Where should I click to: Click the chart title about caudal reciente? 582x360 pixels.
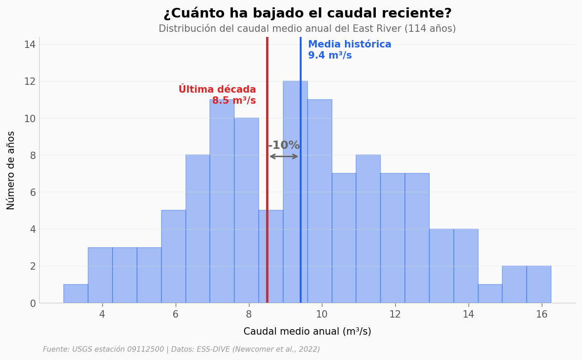click(307, 13)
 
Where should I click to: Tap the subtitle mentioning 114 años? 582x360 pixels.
click(307, 29)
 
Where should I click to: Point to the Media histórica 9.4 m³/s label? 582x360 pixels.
click(349, 50)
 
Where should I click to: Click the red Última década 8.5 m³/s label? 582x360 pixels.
click(217, 95)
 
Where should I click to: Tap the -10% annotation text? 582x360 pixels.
click(284, 146)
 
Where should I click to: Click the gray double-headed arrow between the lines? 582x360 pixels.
click(284, 156)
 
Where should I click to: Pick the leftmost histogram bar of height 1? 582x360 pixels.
click(76, 294)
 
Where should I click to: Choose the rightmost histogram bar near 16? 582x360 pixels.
click(539, 284)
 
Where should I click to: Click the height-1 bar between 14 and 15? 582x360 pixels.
click(490, 294)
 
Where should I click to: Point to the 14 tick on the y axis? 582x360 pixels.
click(30, 45)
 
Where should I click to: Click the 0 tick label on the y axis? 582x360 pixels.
click(33, 303)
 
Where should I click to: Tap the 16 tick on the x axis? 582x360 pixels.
click(541, 314)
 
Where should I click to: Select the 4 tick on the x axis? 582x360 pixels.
click(102, 314)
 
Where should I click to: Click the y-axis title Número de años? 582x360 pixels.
click(11, 170)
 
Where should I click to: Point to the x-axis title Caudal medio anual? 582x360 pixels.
click(307, 331)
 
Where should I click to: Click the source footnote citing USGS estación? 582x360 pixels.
click(181, 349)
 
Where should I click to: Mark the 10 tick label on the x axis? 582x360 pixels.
click(321, 314)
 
